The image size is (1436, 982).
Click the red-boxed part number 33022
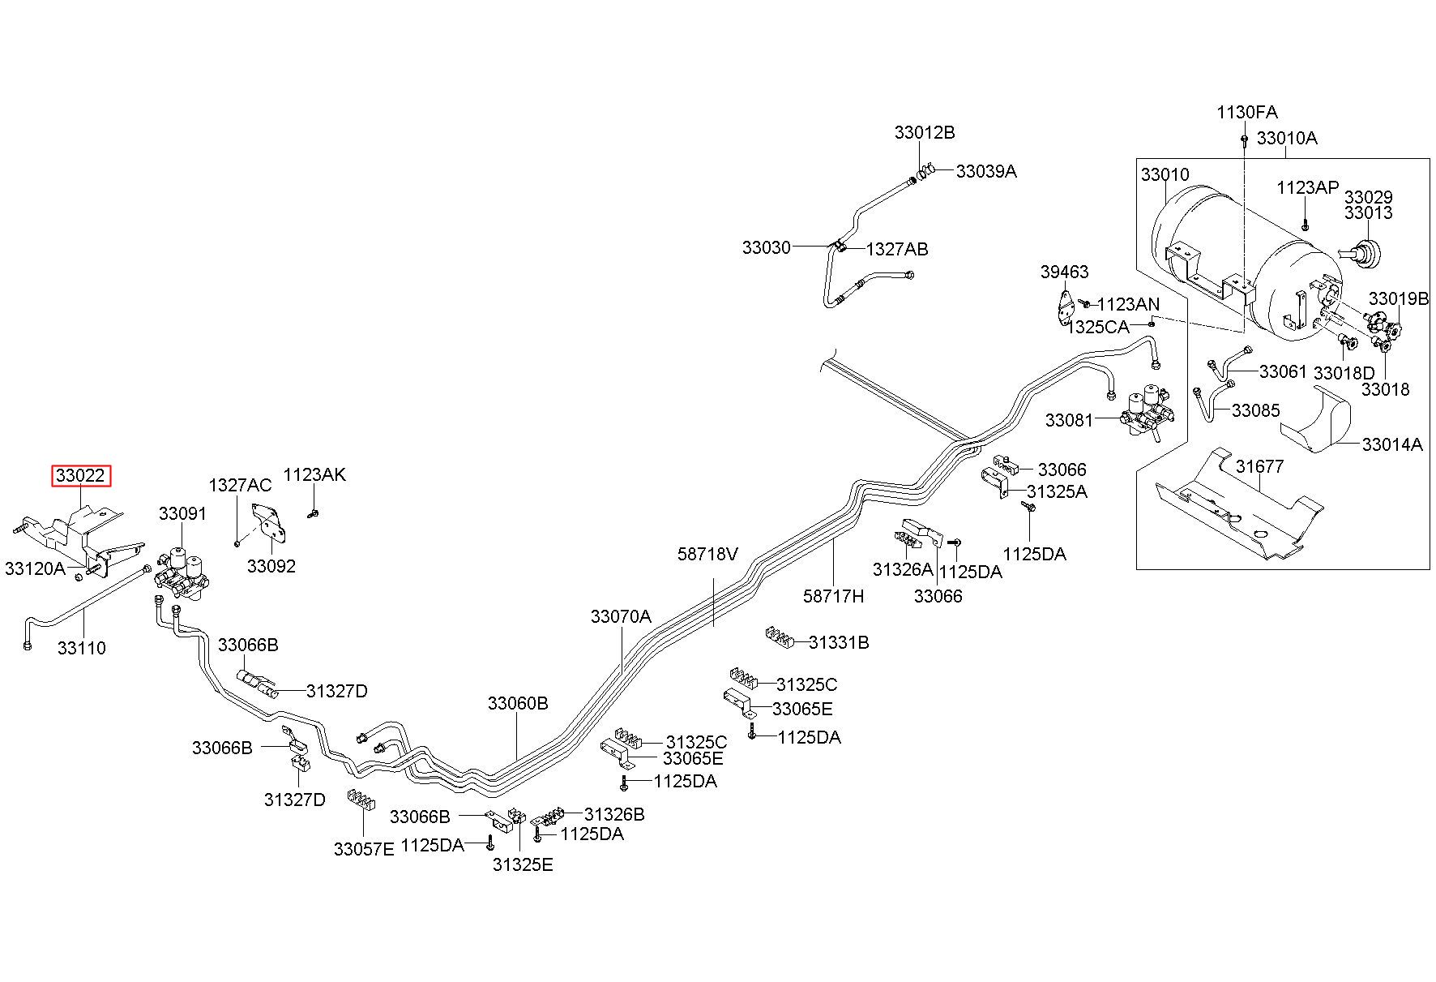click(81, 476)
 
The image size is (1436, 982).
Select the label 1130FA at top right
click(1247, 112)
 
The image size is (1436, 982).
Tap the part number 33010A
click(1287, 138)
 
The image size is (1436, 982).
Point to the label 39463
click(1065, 272)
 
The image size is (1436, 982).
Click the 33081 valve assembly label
click(1069, 420)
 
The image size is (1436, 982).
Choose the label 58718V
click(708, 554)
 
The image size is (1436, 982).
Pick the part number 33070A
click(621, 616)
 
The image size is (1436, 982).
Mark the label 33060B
click(518, 703)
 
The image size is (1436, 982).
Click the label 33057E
click(364, 849)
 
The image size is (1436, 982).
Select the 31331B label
click(839, 643)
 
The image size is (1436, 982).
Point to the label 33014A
click(1392, 444)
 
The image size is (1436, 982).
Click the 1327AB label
click(897, 250)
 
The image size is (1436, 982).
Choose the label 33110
click(82, 648)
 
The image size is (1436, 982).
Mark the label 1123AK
click(314, 474)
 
